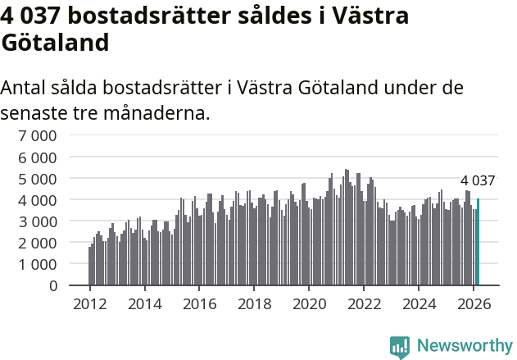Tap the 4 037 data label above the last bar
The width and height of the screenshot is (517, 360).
478,180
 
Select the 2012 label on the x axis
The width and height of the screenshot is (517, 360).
89,304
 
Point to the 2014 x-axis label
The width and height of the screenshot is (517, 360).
144,304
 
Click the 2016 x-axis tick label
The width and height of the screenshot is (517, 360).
199,304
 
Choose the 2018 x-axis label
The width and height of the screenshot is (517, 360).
254,304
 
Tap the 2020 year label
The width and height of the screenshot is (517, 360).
310,304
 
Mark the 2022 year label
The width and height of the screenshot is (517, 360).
365,304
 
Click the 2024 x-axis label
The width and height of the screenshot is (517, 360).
419,304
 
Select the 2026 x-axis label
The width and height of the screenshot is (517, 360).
474,304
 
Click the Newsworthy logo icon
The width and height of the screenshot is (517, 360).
400,347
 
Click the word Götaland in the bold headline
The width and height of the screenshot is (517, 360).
55,42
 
